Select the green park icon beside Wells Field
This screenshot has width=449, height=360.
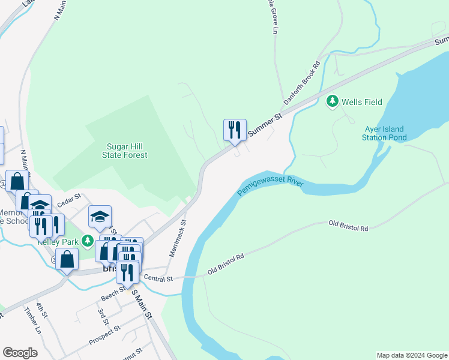(x=332, y=102)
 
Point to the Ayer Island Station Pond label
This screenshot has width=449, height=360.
(x=384, y=133)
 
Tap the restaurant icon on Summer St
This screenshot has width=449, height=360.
(x=235, y=130)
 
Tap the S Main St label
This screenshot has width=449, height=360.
(x=142, y=304)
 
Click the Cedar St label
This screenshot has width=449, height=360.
(x=68, y=201)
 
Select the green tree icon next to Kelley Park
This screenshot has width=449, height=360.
(x=88, y=241)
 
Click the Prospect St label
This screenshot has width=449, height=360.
(x=104, y=336)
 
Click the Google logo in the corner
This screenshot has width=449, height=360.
(x=20, y=353)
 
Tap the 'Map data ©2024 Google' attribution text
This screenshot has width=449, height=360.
(x=411, y=355)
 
